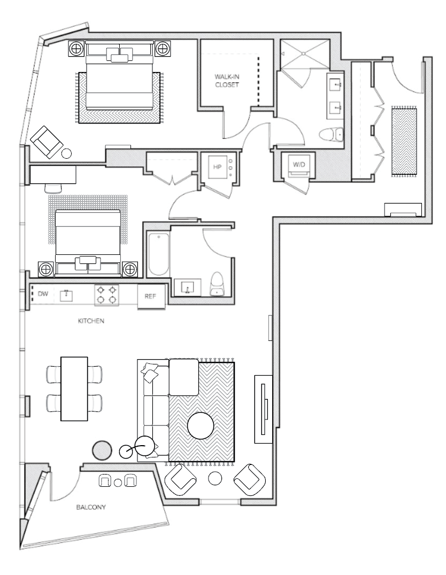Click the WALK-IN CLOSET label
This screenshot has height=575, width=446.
[x=227, y=81]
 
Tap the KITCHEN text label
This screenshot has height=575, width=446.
[x=91, y=321]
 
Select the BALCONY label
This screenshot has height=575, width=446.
[x=91, y=507]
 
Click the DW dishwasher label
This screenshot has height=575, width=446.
[x=43, y=294]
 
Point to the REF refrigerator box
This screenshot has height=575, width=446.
[x=150, y=296]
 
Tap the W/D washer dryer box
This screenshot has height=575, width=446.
[x=299, y=165]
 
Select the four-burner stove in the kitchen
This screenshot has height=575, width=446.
[x=106, y=295]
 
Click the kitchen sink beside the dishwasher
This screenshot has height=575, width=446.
[x=66, y=295]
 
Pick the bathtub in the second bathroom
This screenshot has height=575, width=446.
[x=159, y=254]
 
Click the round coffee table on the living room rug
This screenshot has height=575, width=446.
[x=201, y=426]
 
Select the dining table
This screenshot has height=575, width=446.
[x=74, y=389]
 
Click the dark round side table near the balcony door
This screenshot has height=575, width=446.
[x=102, y=450]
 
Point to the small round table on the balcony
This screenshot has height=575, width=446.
[x=118, y=482]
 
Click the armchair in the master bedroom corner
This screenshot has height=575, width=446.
[x=46, y=142]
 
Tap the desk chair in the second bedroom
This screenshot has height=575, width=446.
[x=53, y=188]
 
